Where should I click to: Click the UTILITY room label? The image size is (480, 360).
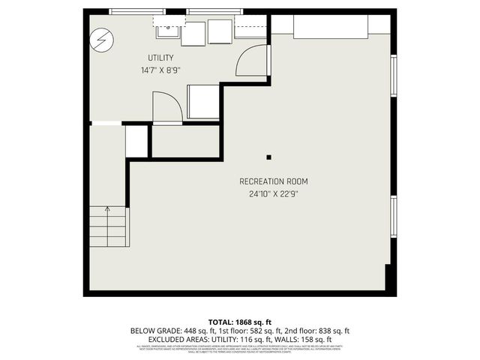pos(160,58)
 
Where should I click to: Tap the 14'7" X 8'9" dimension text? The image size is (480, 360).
pos(160,70)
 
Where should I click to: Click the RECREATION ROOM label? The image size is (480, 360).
pos(273,181)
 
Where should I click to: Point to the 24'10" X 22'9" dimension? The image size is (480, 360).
pos(273,193)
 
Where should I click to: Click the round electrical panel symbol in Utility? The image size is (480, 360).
pos(100,40)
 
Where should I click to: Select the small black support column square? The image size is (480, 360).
pos(269,157)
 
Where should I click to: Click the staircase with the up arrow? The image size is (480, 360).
pos(109,229)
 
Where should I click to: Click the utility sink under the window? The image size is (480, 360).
pos(167,31)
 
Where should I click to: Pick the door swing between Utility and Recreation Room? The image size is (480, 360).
pos(251,61)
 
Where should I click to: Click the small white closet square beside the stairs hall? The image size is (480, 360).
pos(136,141)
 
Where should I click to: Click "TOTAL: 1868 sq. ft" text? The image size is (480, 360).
pos(240,321)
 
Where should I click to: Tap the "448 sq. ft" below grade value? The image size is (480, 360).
pos(195,330)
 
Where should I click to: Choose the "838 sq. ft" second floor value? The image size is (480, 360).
pos(329,330)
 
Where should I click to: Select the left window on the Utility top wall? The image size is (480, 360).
pos(133,11)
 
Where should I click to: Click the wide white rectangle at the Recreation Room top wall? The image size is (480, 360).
pos(330,25)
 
